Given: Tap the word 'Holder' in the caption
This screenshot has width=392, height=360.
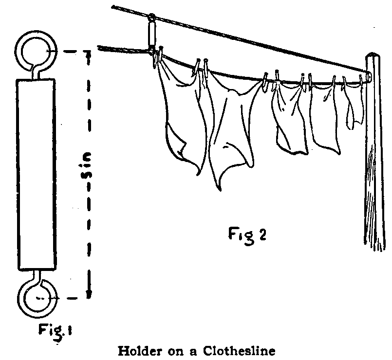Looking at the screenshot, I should pos(139,350).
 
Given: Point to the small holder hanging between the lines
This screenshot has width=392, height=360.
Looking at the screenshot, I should pos(152,34).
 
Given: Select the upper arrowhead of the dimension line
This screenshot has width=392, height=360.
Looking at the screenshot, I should pos(89,54).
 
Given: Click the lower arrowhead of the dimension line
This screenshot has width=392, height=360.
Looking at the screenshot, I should pos(89,293).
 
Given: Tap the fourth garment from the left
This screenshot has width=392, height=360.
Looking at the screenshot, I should pos(325,114).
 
